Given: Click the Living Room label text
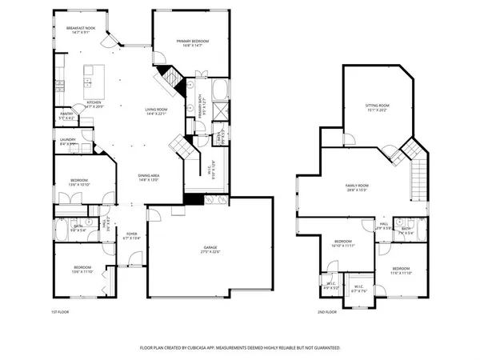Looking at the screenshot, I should tap(155, 110).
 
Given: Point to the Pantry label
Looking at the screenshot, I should tap(66, 114).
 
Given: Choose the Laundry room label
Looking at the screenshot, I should tap(68, 141).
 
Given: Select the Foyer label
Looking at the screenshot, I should tap(132, 235).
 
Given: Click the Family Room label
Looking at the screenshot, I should tap(355, 186).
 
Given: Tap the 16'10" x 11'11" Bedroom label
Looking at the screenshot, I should tap(342, 242).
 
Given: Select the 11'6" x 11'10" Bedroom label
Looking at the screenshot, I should tap(401, 270).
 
